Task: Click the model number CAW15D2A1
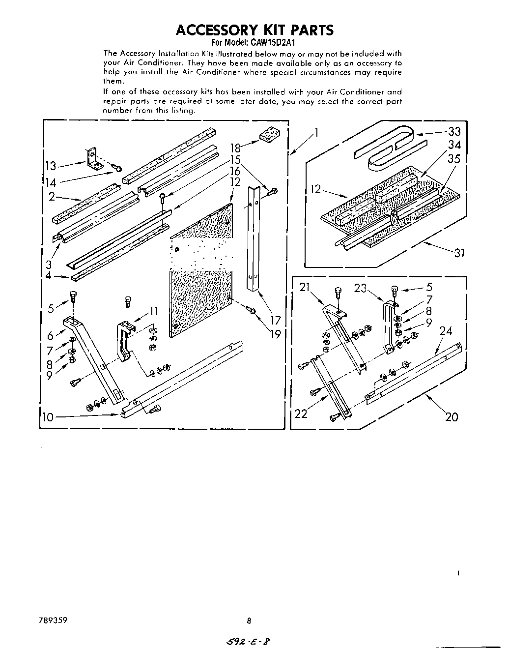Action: tap(272, 42)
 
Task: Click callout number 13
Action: tap(51, 166)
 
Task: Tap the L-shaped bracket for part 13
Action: tap(92, 159)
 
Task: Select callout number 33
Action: tap(454, 131)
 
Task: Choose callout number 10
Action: tap(48, 417)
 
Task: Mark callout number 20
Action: tap(451, 417)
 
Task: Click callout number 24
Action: tap(445, 331)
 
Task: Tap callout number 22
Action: tap(301, 413)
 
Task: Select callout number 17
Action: tap(276, 321)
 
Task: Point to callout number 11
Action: tap(154, 311)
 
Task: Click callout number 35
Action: tap(454, 159)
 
